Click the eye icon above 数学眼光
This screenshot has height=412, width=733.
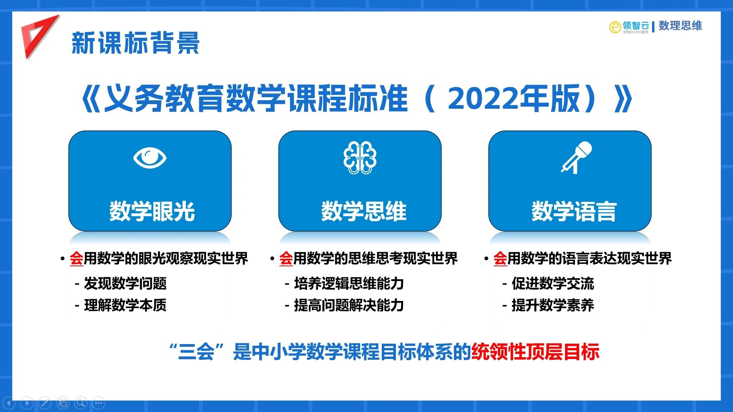tap(150, 158)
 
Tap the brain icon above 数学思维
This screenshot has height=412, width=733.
tap(360, 158)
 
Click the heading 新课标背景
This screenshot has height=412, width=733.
tap(136, 43)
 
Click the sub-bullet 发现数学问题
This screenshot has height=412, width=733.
tap(125, 283)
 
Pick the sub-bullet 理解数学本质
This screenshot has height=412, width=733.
tap(125, 305)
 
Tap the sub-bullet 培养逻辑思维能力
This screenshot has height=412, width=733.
tap(349, 283)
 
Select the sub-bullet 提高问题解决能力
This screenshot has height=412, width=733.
tap(349, 305)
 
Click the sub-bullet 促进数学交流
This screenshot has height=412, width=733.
tap(553, 283)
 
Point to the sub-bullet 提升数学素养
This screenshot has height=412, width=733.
tap(553, 305)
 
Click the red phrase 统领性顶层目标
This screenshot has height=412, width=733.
tap(535, 352)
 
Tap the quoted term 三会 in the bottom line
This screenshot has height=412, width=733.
tap(196, 352)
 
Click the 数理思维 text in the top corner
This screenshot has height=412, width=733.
tap(680, 26)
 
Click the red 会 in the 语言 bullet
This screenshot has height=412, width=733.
tap(500, 259)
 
